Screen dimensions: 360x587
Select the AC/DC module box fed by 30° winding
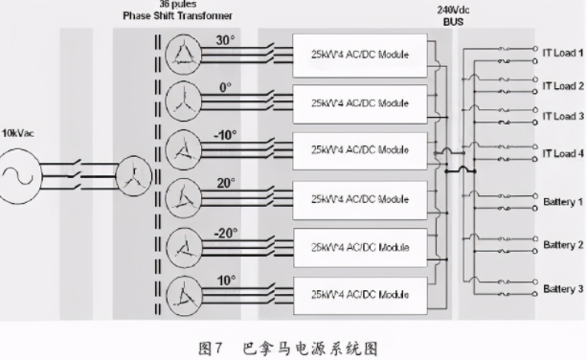[359, 56]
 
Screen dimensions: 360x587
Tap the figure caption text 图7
[210, 344]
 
